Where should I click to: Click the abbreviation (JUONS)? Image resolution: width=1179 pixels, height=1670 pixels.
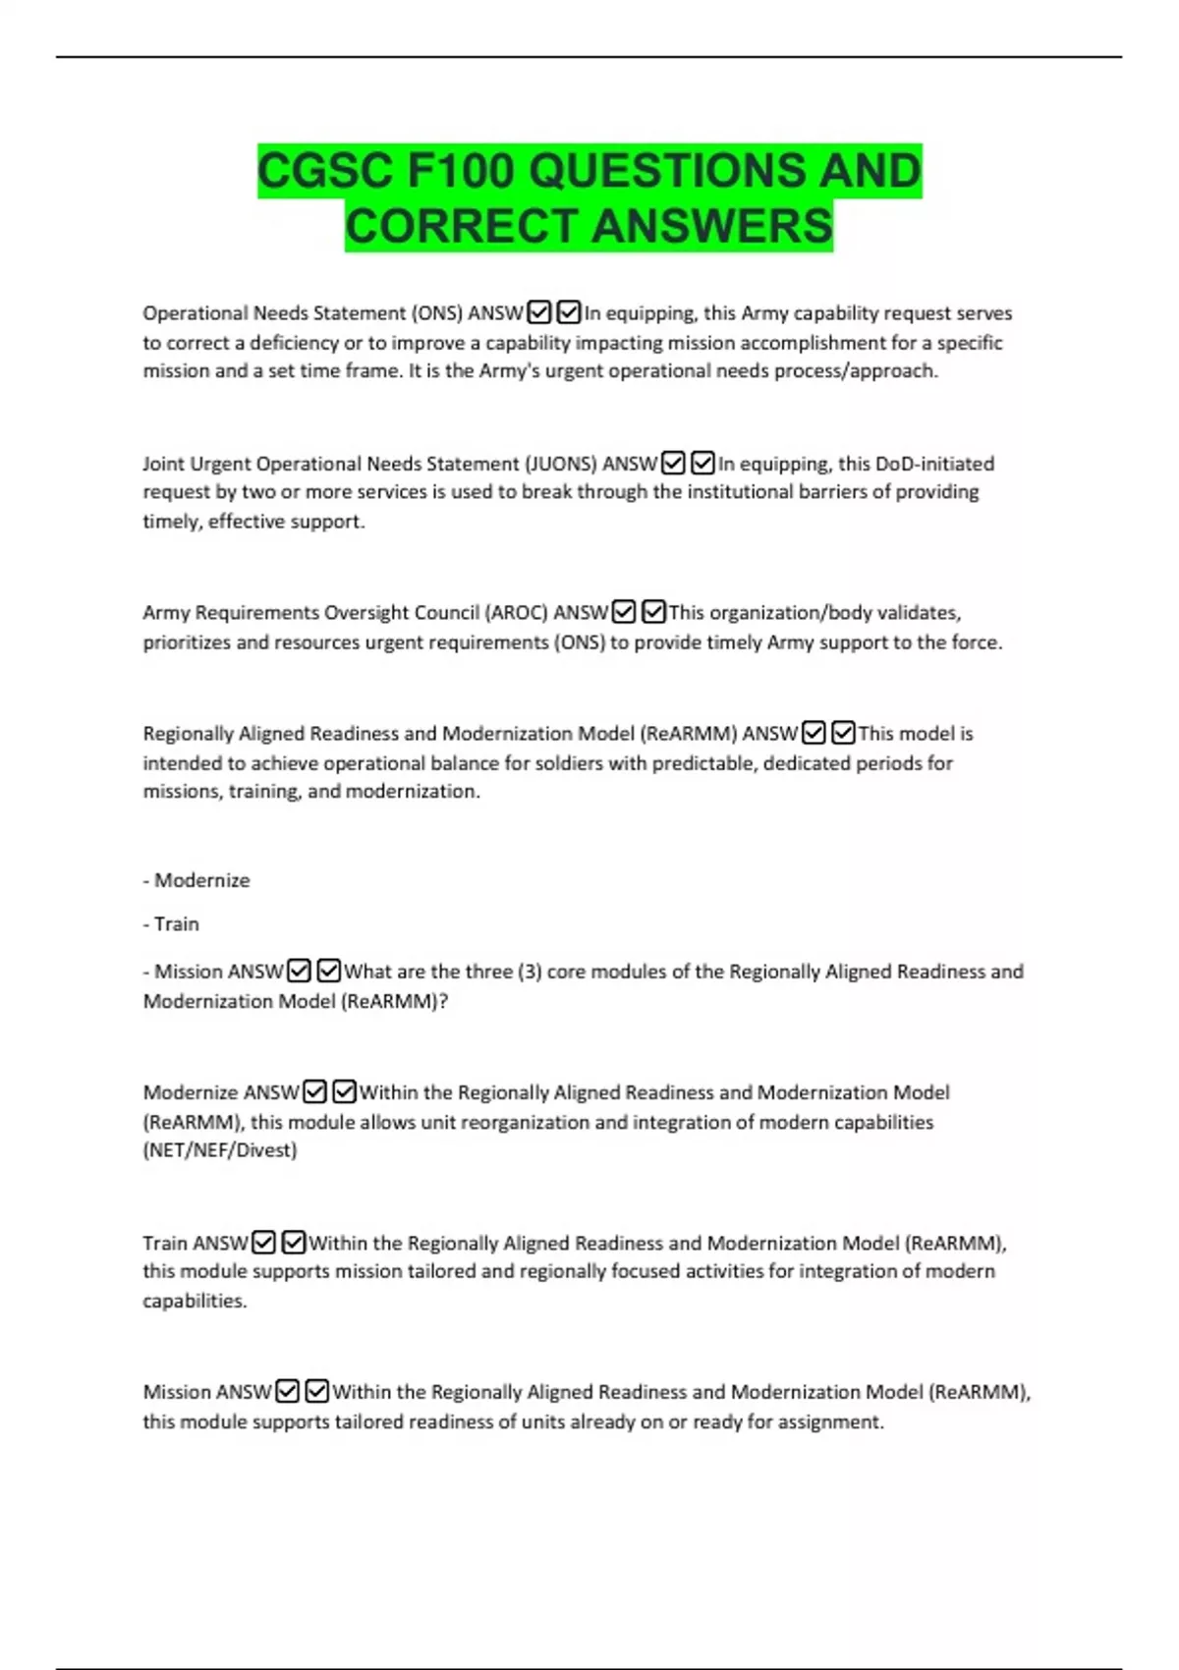(x=560, y=464)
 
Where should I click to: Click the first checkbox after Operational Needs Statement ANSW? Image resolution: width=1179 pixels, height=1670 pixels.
(x=538, y=313)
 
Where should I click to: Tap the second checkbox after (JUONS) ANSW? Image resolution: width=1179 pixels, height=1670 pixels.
(x=702, y=463)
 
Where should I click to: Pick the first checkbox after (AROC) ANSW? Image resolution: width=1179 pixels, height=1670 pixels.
(x=623, y=613)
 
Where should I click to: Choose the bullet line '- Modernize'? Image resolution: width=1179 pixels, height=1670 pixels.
(x=196, y=880)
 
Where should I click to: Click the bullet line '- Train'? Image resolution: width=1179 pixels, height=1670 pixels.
(x=171, y=923)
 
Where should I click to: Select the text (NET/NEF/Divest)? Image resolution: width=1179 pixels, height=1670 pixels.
(x=220, y=1150)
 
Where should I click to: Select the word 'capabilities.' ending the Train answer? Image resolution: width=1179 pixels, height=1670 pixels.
(x=195, y=1301)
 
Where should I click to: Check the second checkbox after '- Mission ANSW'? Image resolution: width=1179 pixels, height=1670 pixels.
(x=329, y=972)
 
